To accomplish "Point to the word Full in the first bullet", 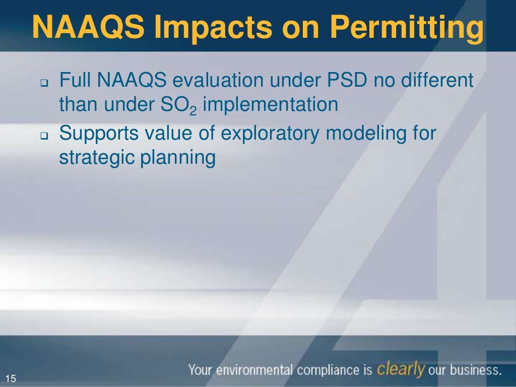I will click(75, 80).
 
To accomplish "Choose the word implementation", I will click(270, 105).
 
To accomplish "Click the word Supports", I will click(99, 135).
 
